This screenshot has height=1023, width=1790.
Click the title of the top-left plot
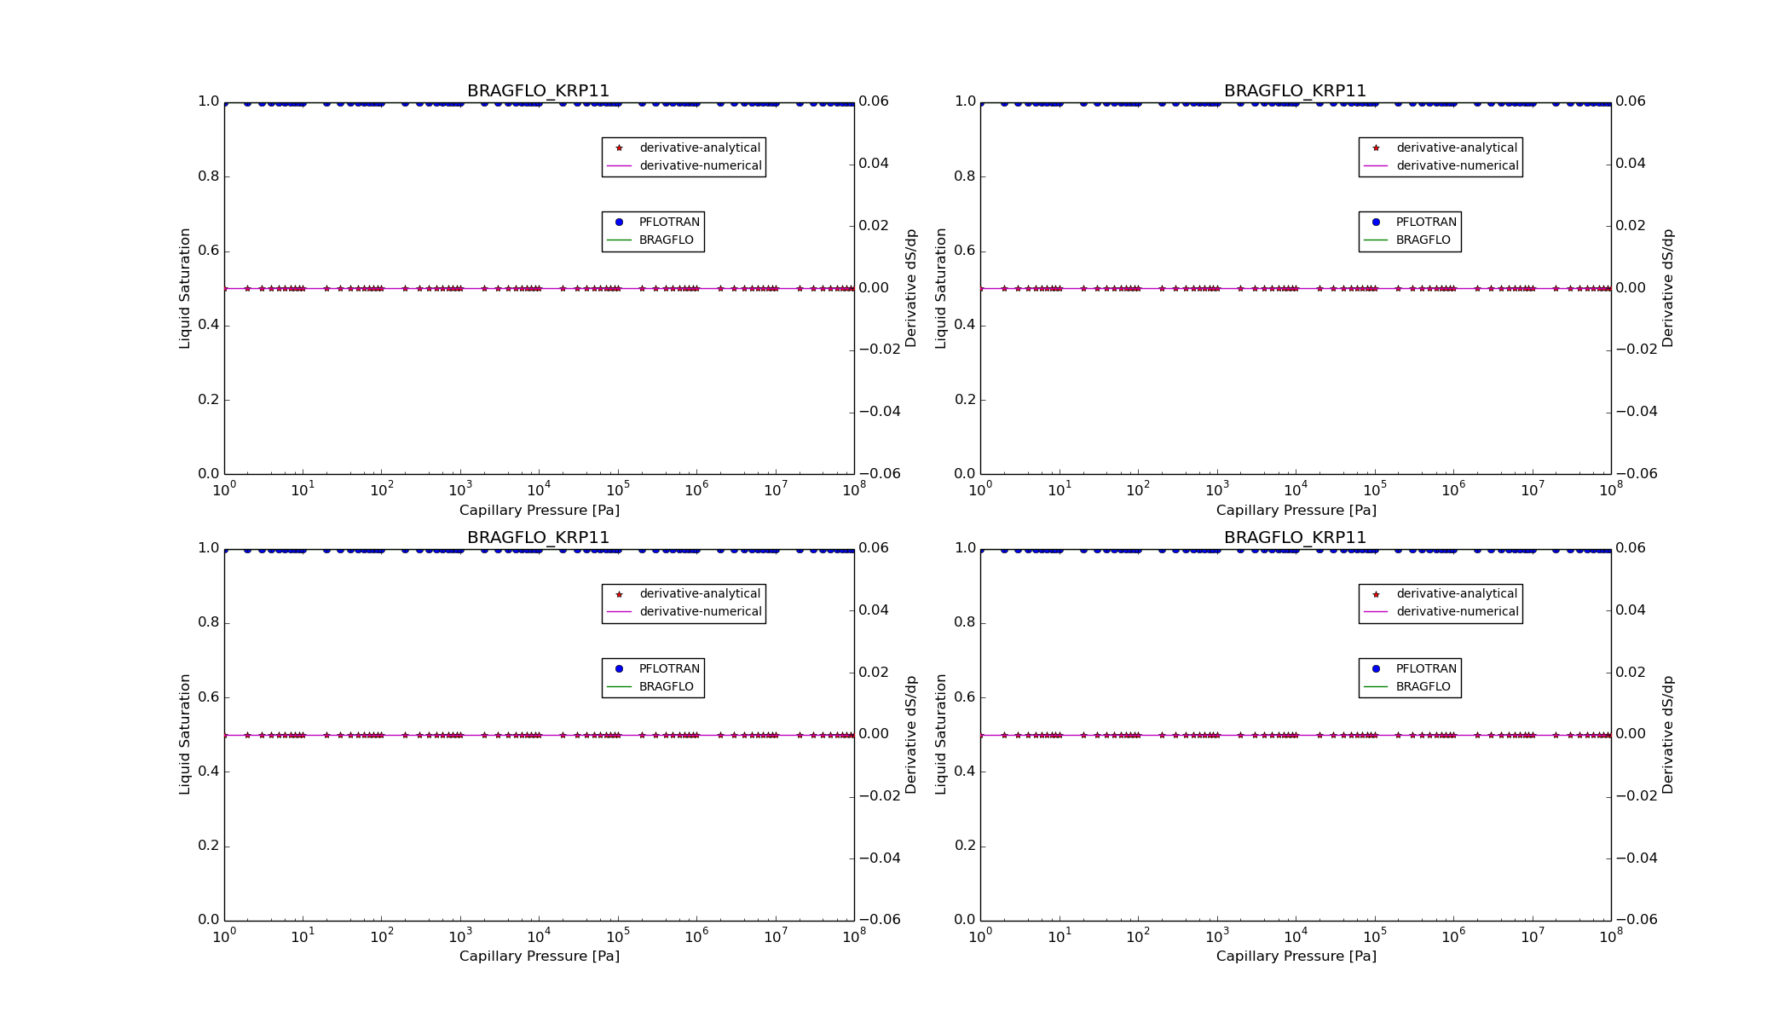click(x=538, y=91)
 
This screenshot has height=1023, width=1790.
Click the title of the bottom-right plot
click(x=1295, y=538)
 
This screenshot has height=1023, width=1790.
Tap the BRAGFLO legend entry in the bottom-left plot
click(x=666, y=686)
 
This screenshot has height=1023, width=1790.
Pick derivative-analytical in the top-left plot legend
click(x=699, y=147)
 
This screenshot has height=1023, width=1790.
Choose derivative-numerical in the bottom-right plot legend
click(x=1457, y=611)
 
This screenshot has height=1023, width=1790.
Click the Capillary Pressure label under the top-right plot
click(x=1296, y=511)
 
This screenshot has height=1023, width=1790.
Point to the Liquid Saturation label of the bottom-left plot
click(x=185, y=734)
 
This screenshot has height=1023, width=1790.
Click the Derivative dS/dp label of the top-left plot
click(x=911, y=288)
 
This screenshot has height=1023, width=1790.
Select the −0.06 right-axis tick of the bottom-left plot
click(x=880, y=920)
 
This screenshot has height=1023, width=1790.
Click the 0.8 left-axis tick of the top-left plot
click(x=209, y=176)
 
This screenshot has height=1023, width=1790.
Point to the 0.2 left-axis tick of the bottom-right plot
click(x=965, y=846)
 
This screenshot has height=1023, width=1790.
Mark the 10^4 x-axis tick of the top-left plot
click(x=539, y=489)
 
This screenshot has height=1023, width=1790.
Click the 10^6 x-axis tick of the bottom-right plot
click(x=1453, y=936)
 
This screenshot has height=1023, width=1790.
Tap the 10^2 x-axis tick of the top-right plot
click(x=1138, y=489)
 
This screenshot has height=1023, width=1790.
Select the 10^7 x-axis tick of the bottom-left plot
click(x=775, y=936)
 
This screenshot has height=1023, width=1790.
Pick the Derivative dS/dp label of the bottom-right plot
click(x=1668, y=734)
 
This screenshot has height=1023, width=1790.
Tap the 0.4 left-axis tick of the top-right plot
click(x=965, y=326)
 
